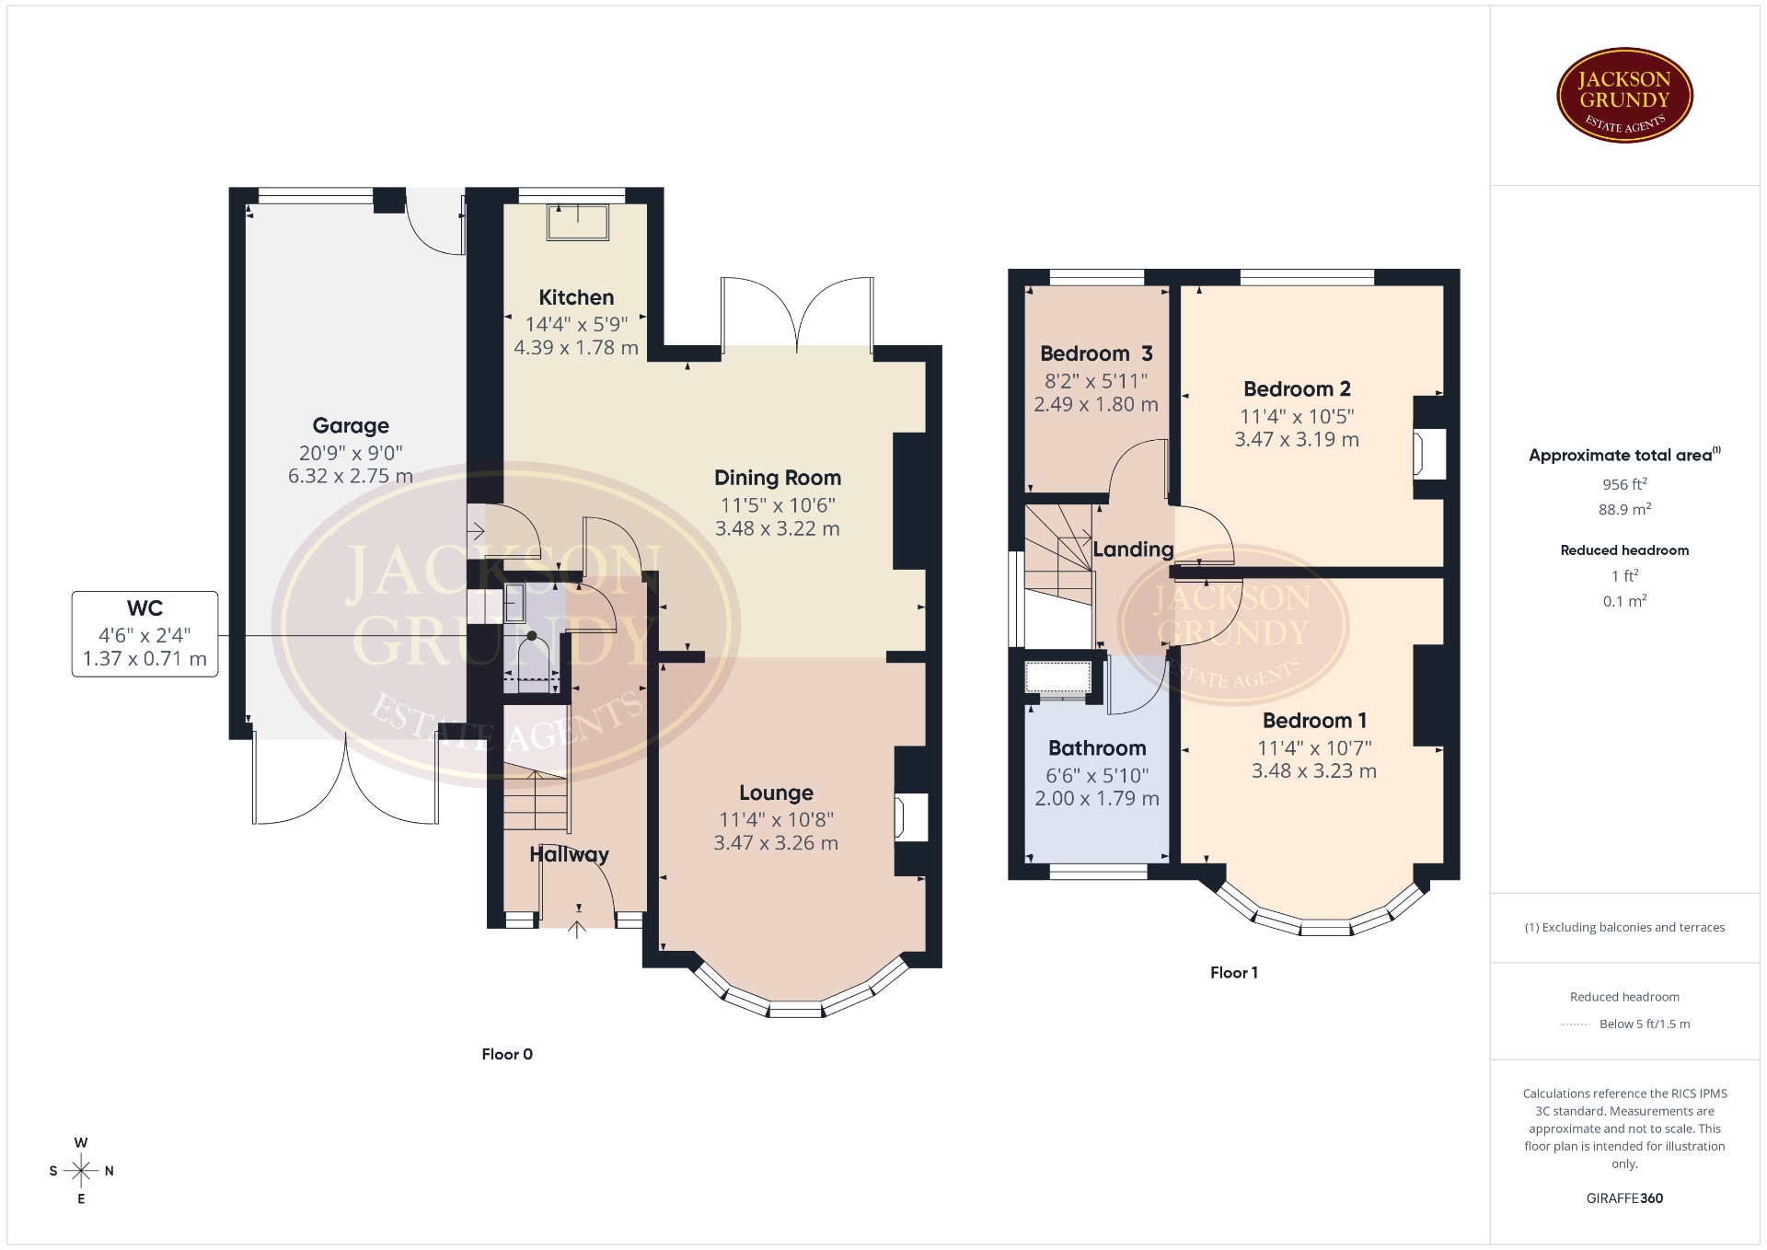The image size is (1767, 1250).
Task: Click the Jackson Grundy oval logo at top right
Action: tap(1624, 96)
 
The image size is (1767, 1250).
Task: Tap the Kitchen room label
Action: tap(576, 297)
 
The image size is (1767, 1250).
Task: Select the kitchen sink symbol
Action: tap(578, 222)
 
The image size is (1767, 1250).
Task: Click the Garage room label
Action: tap(351, 425)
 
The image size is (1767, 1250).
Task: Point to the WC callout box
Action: tap(145, 634)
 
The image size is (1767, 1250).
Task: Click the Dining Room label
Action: tap(778, 478)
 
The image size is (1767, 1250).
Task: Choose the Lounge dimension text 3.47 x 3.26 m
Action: tap(776, 843)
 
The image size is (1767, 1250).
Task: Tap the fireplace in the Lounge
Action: tap(911, 816)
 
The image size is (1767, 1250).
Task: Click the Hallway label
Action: tap(569, 854)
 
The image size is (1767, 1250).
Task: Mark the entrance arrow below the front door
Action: tap(577, 929)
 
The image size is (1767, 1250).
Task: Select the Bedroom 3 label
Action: tap(1096, 353)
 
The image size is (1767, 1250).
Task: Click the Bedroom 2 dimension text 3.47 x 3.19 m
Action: tap(1297, 440)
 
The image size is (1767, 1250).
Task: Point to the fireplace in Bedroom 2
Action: tap(1429, 454)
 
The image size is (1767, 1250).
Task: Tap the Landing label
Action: tap(1133, 550)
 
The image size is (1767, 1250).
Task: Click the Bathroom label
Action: tap(1097, 748)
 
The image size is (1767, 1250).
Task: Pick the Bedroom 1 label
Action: tap(1314, 721)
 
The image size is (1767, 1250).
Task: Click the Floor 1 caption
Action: tap(1233, 973)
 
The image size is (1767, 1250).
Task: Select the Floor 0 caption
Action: tap(507, 1055)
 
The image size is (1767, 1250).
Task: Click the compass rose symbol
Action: tap(81, 1171)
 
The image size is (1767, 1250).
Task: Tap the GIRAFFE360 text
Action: tap(1624, 1198)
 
